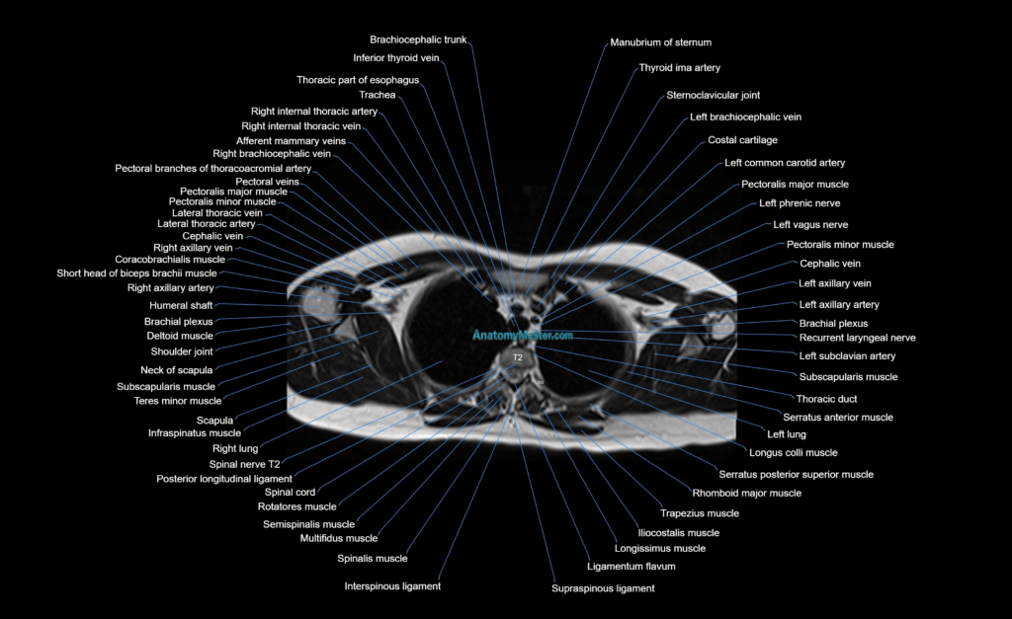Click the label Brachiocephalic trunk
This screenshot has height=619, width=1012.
[418, 39]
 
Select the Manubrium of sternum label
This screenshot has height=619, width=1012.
[661, 42]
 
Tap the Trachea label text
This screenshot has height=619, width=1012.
[378, 95]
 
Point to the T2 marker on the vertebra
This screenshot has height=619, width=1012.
[518, 357]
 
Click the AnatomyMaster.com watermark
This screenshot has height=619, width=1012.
[523, 336]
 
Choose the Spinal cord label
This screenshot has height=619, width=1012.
[290, 492]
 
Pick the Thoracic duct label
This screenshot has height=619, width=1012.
[827, 399]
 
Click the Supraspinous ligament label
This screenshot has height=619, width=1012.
[603, 588]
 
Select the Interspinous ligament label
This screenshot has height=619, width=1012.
[392, 586]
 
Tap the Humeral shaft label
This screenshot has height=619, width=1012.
[181, 306]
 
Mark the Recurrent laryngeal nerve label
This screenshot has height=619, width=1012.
[857, 338]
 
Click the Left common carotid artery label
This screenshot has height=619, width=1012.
[785, 163]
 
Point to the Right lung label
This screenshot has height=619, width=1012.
[235, 449]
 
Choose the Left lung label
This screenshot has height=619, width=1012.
[786, 434]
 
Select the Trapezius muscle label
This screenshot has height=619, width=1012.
[700, 514]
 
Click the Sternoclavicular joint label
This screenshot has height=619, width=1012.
[714, 96]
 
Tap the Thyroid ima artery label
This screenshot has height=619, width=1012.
[680, 68]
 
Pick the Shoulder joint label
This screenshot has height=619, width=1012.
[182, 352]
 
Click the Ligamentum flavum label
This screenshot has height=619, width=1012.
[632, 567]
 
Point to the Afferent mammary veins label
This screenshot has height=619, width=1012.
[292, 141]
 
